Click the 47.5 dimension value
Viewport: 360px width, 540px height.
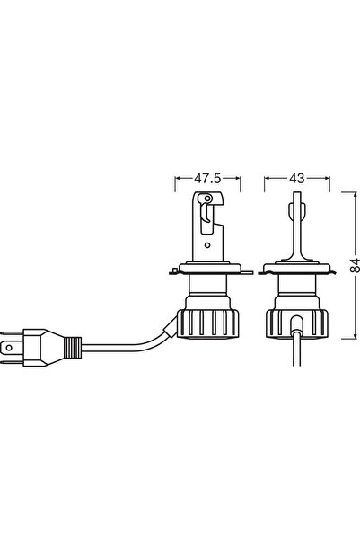click(x=207, y=178)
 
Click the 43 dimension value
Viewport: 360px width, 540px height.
click(x=297, y=178)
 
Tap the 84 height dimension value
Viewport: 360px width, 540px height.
click(x=355, y=265)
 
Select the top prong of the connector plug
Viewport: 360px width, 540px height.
click(x=12, y=333)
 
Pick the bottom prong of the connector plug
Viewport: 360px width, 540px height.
click(x=12, y=362)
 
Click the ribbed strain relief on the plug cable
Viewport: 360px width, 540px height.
click(x=73, y=348)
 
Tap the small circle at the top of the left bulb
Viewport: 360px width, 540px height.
click(x=206, y=199)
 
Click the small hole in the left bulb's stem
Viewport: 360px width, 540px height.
click(x=206, y=245)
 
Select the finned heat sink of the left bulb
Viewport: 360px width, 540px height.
click(x=208, y=323)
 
